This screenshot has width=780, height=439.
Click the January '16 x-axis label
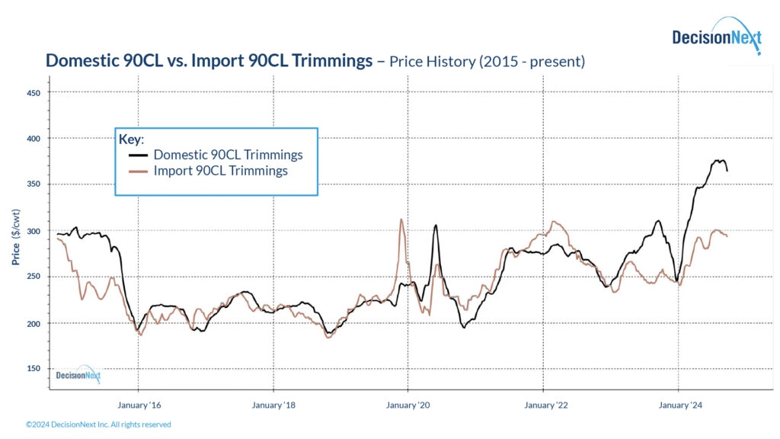139,405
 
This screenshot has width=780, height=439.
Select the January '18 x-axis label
273,405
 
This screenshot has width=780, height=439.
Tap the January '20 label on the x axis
409,405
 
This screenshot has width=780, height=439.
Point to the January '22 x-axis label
545,405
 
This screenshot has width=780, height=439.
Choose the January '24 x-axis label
679,405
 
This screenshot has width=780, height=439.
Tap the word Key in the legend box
131,139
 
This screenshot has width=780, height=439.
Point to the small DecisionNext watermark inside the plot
78,374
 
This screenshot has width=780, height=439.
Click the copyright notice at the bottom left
98,425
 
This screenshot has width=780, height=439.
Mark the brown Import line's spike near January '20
401,220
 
